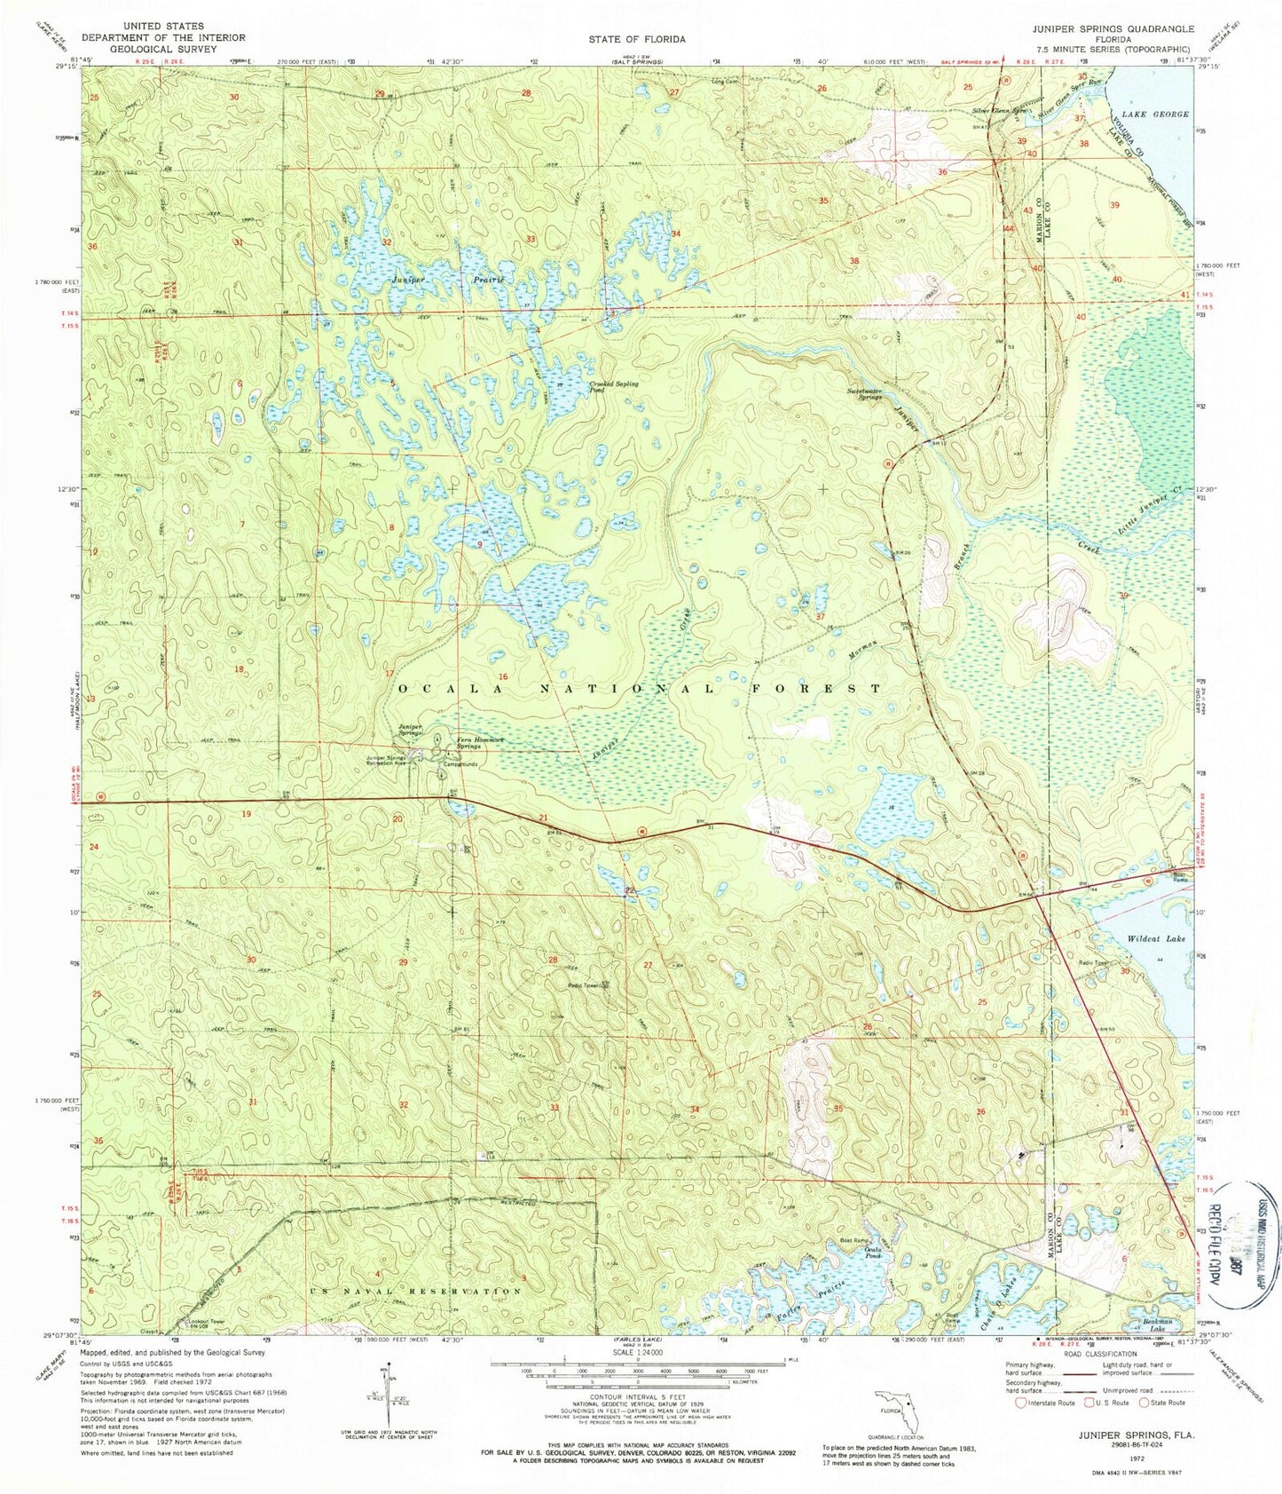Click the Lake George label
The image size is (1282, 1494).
tap(1154, 115)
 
